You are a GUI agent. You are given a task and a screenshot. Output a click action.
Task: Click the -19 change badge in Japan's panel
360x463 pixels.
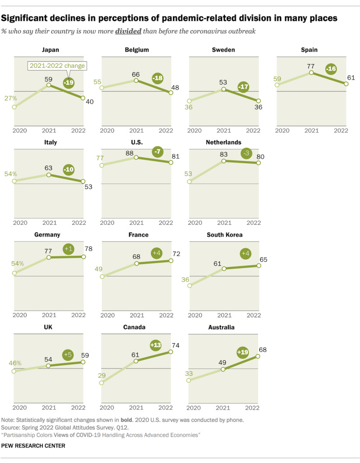coord(67,82)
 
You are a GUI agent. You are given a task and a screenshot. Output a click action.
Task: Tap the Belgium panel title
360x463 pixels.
coord(137,50)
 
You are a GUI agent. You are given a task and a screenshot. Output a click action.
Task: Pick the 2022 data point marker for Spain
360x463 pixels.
coord(346,84)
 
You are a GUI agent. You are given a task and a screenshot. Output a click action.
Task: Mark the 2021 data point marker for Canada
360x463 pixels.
coord(136,361)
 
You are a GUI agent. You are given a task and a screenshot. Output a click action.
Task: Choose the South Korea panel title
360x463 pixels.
coord(224,235)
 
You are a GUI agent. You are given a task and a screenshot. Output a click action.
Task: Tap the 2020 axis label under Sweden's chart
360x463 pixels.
coord(196,130)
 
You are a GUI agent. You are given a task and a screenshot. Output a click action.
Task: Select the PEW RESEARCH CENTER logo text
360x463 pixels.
coord(33,446)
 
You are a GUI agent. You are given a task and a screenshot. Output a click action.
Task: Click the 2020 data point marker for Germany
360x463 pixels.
coord(14,273)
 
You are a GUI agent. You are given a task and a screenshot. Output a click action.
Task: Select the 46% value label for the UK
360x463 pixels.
coord(15,363)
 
